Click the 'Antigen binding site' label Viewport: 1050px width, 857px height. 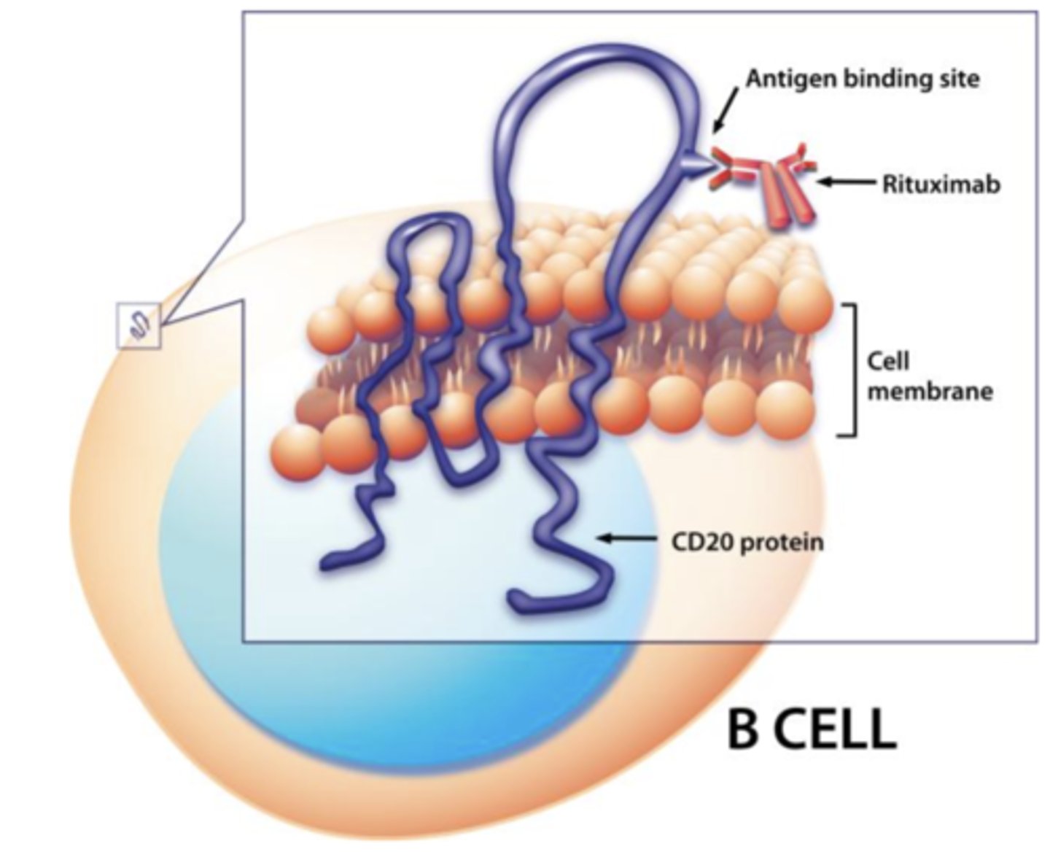point(862,78)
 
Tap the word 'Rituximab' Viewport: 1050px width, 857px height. point(941,184)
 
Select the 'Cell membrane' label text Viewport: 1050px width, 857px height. point(929,376)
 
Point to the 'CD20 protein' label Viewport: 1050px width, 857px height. point(747,542)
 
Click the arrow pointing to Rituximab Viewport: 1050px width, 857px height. point(846,182)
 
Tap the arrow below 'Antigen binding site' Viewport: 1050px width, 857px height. point(725,117)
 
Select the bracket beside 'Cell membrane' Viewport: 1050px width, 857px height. point(847,370)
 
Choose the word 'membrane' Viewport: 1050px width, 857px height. point(929,392)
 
